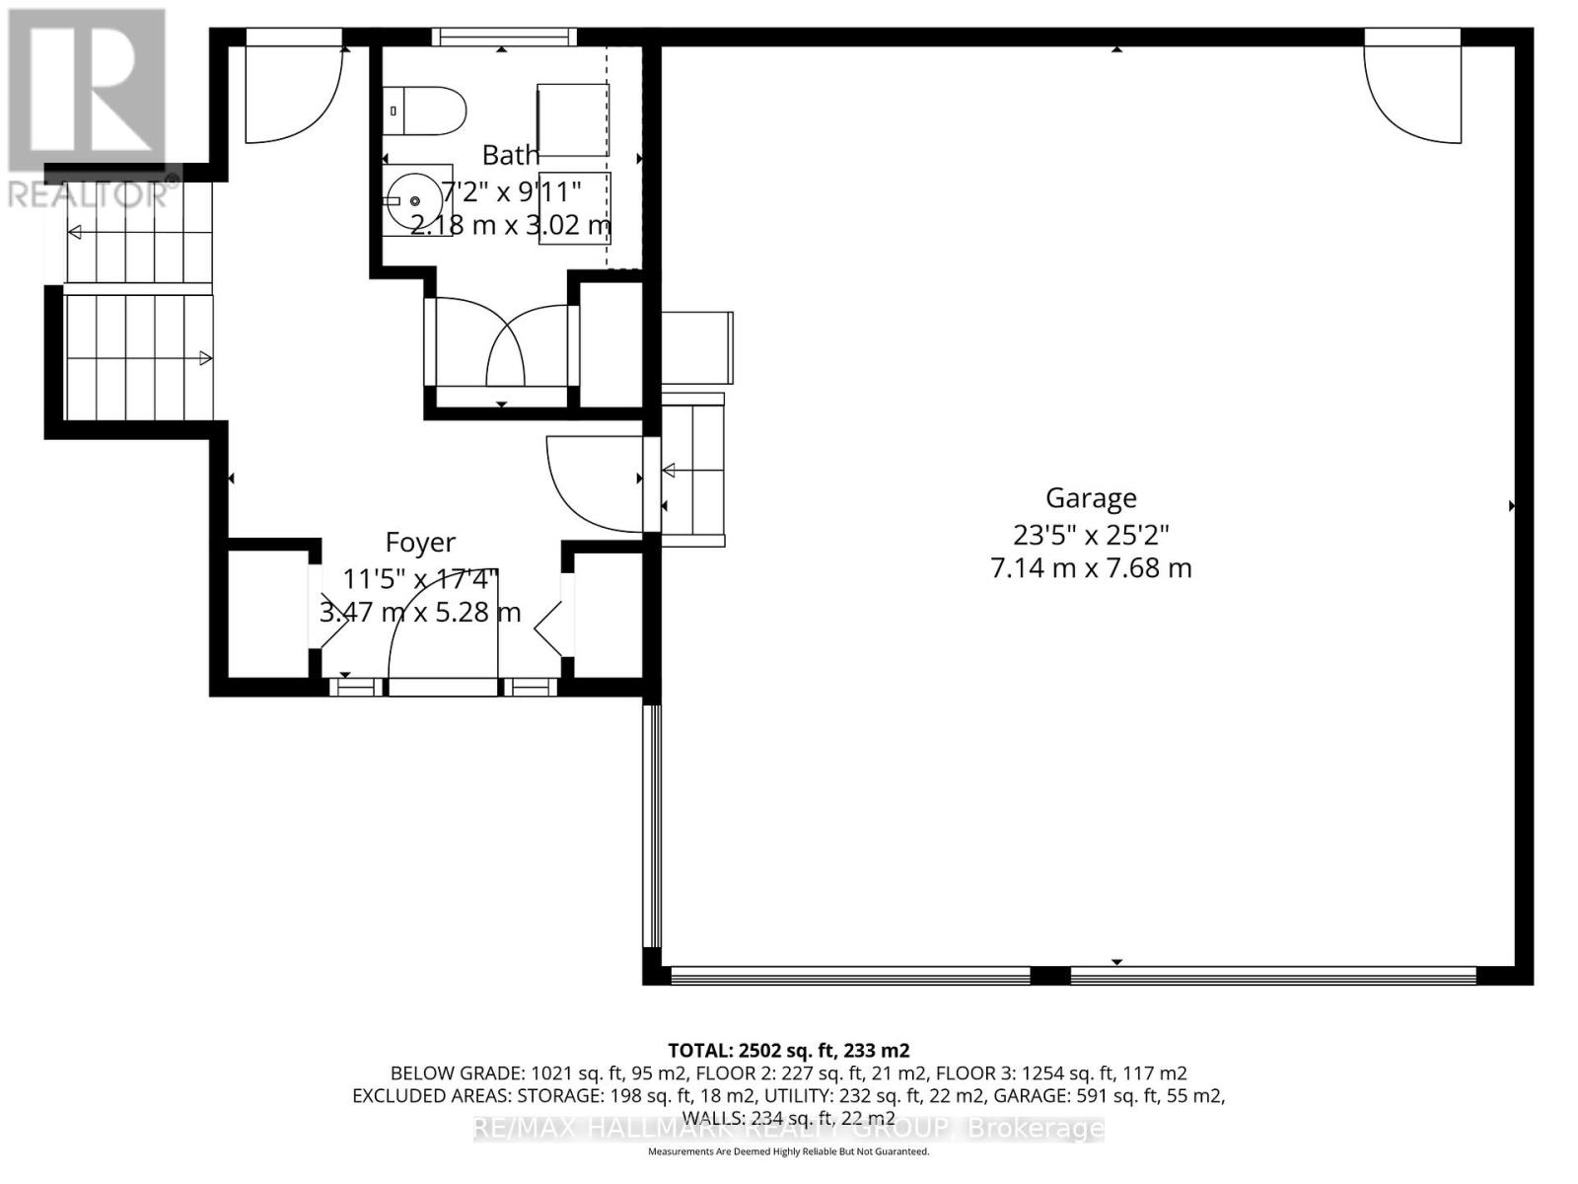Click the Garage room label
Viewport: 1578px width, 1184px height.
(x=1091, y=498)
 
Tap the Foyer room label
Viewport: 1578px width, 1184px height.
(x=420, y=543)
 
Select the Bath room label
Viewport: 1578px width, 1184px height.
(x=511, y=155)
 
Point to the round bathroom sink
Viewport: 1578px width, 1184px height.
(x=415, y=200)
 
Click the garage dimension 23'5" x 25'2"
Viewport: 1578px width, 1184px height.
(x=1091, y=535)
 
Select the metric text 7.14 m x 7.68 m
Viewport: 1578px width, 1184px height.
(x=1091, y=568)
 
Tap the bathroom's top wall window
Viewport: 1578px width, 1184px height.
(x=504, y=37)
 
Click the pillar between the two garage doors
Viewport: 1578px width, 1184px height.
(x=1050, y=976)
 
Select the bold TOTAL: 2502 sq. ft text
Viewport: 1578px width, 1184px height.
(x=788, y=1050)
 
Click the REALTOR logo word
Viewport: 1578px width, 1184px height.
(x=94, y=193)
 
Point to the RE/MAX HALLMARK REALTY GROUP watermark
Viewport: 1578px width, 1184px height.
(x=788, y=1128)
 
